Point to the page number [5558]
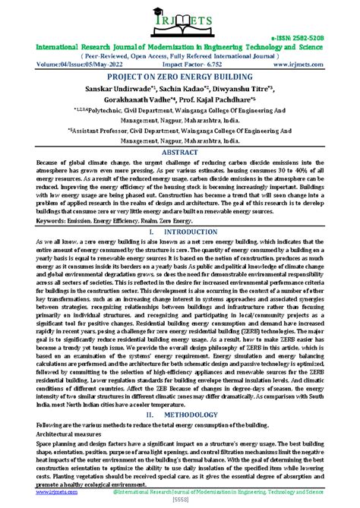(x=180, y=500)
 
